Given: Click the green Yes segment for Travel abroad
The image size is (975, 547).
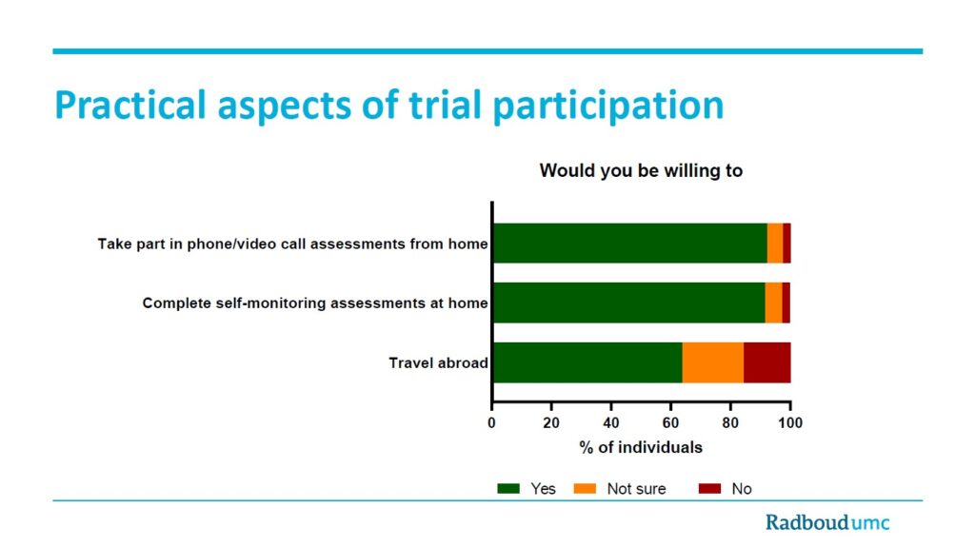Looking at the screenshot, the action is click(x=587, y=362).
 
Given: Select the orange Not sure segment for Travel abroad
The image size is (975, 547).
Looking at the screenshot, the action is click(x=712, y=362).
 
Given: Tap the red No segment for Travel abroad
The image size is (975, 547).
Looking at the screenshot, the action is click(x=767, y=362).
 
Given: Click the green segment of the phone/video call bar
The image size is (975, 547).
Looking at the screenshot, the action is click(x=630, y=243).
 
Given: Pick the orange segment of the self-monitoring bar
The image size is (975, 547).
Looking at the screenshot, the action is click(x=773, y=303).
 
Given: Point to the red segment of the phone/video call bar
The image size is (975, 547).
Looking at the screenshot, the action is click(x=786, y=243).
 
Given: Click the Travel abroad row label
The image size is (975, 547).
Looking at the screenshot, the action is click(x=438, y=363).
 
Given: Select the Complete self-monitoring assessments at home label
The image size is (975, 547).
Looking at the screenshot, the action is click(x=315, y=303).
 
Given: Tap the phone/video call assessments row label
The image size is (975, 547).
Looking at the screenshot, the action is click(x=293, y=244).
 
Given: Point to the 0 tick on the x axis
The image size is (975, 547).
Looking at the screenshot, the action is click(x=491, y=422).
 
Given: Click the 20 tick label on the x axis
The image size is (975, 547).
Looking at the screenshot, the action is click(x=551, y=422).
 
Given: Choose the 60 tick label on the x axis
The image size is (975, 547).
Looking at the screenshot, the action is click(x=670, y=422).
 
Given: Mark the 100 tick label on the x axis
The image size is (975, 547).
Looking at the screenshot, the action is click(x=789, y=422).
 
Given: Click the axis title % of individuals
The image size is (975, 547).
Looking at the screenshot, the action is click(x=641, y=447).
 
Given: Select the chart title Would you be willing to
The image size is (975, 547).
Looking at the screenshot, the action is click(x=641, y=170).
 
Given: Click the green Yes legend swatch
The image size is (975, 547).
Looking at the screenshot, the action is click(x=508, y=489).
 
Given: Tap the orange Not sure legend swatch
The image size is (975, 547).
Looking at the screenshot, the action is click(x=585, y=489).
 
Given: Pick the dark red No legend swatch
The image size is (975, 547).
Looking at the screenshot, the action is click(x=709, y=489).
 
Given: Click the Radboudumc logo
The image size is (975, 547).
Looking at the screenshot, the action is click(x=827, y=522).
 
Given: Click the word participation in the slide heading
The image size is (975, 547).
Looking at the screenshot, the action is click(x=608, y=105).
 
